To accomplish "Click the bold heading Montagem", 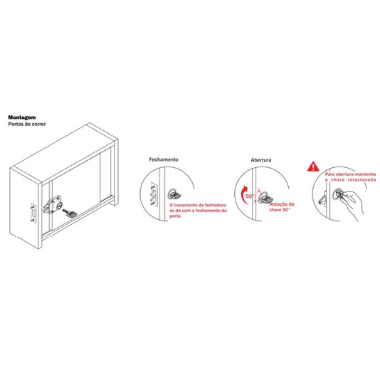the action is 22,117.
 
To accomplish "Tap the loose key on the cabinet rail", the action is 70,213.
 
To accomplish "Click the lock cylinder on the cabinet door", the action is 58,206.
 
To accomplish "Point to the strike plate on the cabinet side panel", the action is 33,213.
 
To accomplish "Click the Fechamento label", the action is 164,159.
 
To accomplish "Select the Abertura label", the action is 260,160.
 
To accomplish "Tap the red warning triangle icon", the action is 313,167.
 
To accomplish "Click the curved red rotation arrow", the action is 243,194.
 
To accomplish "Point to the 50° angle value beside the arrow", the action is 250,196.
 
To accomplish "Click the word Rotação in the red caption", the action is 278,204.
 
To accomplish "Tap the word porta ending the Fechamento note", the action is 175,216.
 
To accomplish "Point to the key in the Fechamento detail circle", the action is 174,194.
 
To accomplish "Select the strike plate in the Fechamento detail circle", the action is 154,194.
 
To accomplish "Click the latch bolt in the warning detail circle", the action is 322,200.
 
